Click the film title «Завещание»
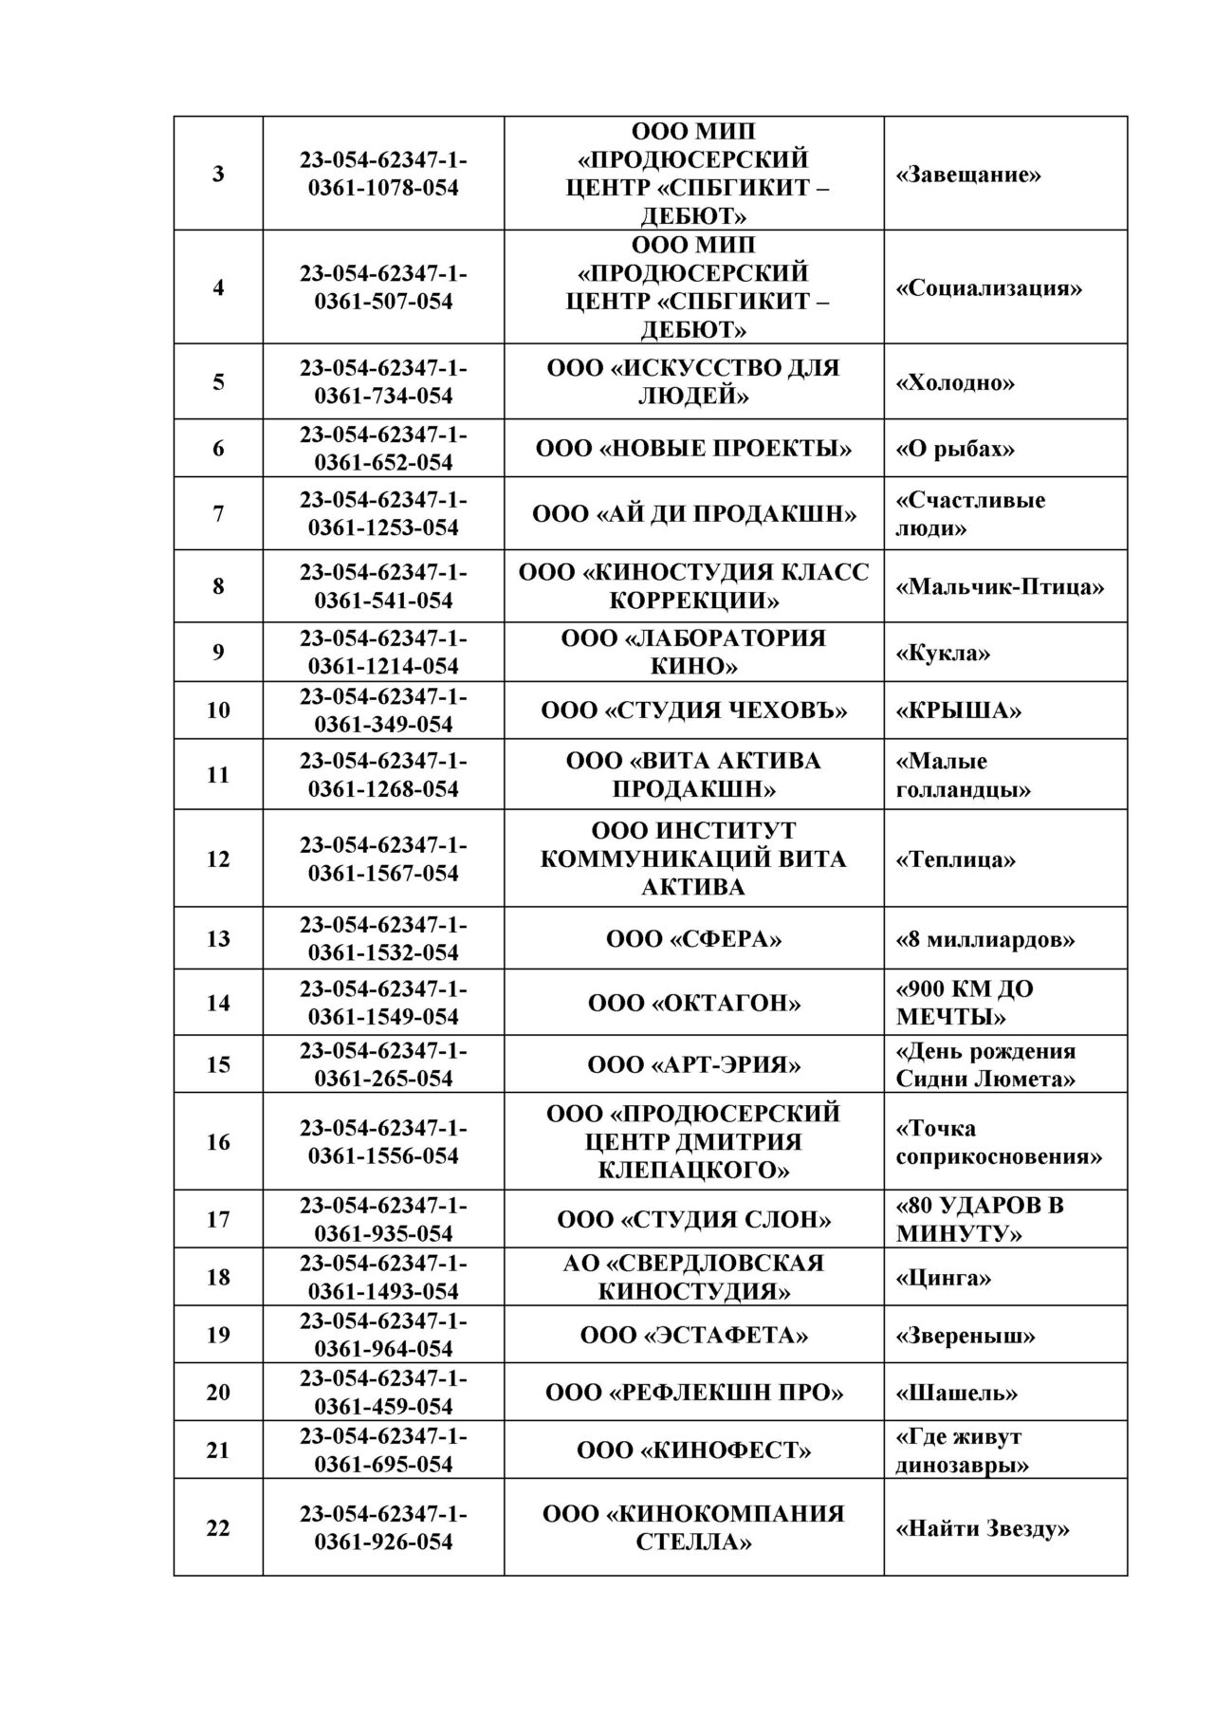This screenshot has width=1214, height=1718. click(967, 175)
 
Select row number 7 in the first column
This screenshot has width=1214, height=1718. click(218, 513)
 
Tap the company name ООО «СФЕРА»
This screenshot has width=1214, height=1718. click(693, 939)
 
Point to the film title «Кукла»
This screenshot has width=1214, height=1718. click(943, 653)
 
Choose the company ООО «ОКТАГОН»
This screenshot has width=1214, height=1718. click(693, 1003)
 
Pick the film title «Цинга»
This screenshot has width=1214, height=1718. click(943, 1278)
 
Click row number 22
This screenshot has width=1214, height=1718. click(218, 1528)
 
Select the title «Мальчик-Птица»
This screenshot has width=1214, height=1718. click(1000, 586)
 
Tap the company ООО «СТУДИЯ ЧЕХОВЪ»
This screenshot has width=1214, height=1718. click(693, 711)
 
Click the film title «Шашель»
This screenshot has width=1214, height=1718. click(956, 1393)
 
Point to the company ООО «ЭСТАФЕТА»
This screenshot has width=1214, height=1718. click(693, 1336)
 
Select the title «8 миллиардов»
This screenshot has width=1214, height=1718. click(984, 939)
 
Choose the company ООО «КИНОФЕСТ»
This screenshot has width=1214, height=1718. click(693, 1450)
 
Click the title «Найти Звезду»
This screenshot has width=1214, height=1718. click(983, 1528)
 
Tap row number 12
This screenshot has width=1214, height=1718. click(218, 859)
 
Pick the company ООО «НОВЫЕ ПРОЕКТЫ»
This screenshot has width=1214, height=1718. click(693, 449)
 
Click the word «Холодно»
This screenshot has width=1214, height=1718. click(954, 382)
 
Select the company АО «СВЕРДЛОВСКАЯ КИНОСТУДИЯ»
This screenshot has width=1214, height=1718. click(693, 1277)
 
